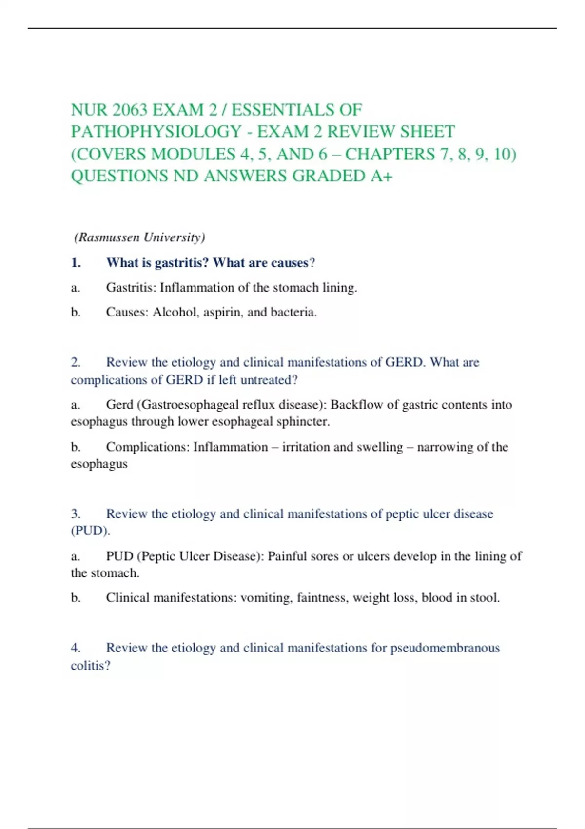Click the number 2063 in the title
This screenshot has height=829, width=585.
(x=130, y=110)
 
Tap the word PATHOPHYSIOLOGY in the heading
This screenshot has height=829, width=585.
(x=156, y=132)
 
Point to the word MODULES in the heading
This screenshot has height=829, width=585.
(x=194, y=154)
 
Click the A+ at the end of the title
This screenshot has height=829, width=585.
(x=381, y=176)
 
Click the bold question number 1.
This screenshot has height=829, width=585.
(x=76, y=263)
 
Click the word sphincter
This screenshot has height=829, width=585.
(x=303, y=422)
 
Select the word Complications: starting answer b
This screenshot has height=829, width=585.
(x=148, y=447)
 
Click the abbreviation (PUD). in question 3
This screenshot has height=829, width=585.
(x=90, y=531)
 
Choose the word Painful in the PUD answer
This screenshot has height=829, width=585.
(x=287, y=556)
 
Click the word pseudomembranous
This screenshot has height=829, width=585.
(x=445, y=648)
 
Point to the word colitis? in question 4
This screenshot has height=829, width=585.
(x=90, y=666)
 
